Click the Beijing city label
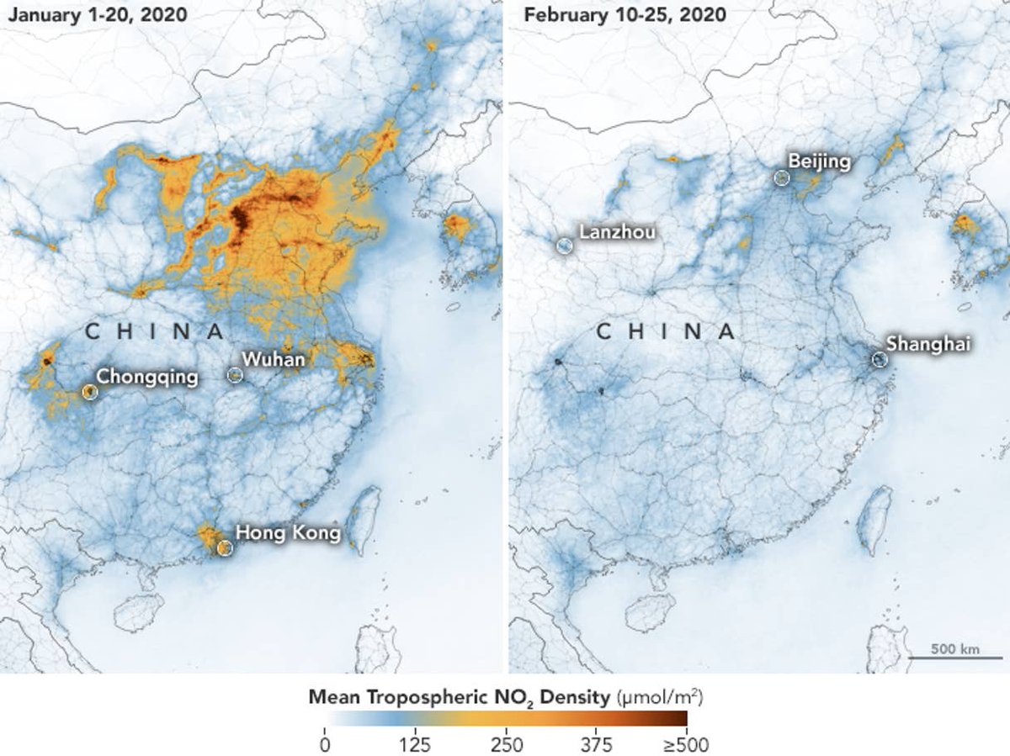coord(820,161)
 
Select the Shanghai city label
coord(928,343)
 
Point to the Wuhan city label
coord(274,359)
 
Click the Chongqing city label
coord(147,376)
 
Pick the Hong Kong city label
coord(288,532)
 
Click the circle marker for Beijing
coord(782,177)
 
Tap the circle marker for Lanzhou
coord(565,246)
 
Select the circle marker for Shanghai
coord(880,360)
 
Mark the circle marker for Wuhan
coord(235,375)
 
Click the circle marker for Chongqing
coord(90,391)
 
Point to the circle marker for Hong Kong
coord(224,548)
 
